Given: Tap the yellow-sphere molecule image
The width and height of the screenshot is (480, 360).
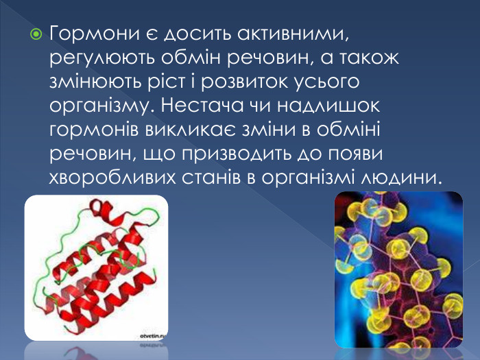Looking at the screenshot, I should click(x=398, y=267).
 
